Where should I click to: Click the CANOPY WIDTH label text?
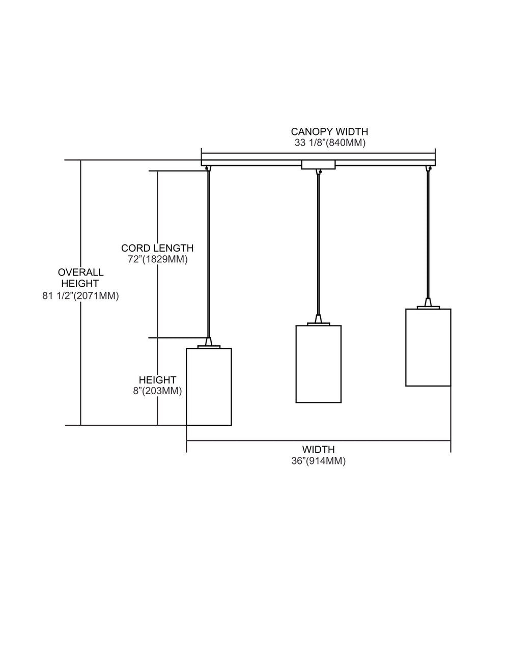coord(329,131)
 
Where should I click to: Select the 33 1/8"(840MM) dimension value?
coord(330,143)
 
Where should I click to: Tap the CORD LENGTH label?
coord(157,248)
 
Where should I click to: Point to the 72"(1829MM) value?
coord(158,259)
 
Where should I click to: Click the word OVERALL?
coord(80,272)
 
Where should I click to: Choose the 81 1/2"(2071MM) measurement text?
coord(80,296)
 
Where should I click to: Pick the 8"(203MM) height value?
coord(158,391)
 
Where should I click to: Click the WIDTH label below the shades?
coord(319,449)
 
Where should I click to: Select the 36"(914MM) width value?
coord(319,461)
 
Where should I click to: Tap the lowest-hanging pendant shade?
coord(209,387)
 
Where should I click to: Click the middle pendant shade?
coord(319,364)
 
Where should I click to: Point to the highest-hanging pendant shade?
coord(428,347)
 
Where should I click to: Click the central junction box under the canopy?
coord(319,164)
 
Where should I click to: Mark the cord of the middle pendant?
coord(318,245)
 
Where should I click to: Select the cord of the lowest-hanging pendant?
coord(209,254)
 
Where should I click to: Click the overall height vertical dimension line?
coord(80,293)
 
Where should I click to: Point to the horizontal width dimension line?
coord(319,441)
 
